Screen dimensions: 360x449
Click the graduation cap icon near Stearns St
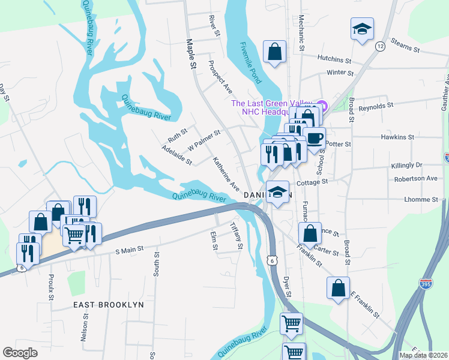point(362,29)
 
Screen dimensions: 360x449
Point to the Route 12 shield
point(380,46)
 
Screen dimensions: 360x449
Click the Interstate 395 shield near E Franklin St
point(426,283)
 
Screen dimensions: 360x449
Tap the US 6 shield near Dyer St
point(273,260)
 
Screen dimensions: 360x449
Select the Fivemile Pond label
point(251,62)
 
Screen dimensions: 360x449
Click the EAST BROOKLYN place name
point(109,305)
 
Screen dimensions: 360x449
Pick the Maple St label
point(191,53)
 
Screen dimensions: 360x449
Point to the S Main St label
point(130,248)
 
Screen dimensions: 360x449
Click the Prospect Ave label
point(220,76)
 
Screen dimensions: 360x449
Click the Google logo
point(20,353)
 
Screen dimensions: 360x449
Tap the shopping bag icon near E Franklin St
point(338,287)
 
